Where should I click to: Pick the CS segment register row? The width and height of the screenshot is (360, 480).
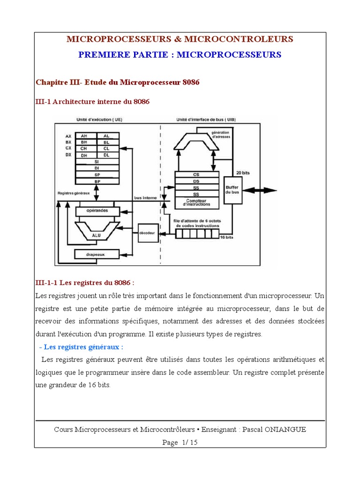coord(196,174)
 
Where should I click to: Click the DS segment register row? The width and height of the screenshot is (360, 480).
coord(196,181)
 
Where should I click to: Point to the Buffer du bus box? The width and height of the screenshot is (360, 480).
coord(232,189)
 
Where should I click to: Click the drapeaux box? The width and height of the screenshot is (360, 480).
coord(97,254)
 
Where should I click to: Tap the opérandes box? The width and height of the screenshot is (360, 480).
coord(97,211)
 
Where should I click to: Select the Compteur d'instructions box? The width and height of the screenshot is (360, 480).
coord(196,202)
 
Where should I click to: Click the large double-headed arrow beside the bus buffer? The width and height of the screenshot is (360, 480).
coord(259,190)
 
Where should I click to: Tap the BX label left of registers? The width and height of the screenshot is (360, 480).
coord(68,142)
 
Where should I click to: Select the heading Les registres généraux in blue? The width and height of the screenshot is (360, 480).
coord(82,347)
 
